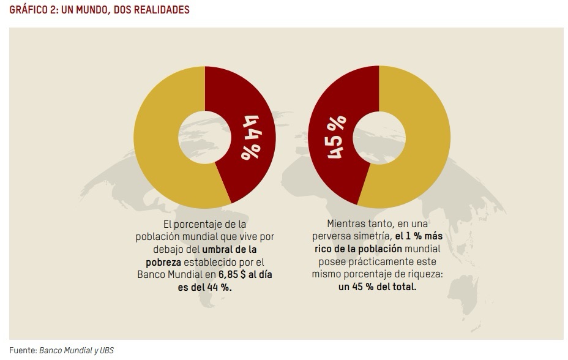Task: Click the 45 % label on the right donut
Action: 337,137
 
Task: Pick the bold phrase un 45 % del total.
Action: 377,286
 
